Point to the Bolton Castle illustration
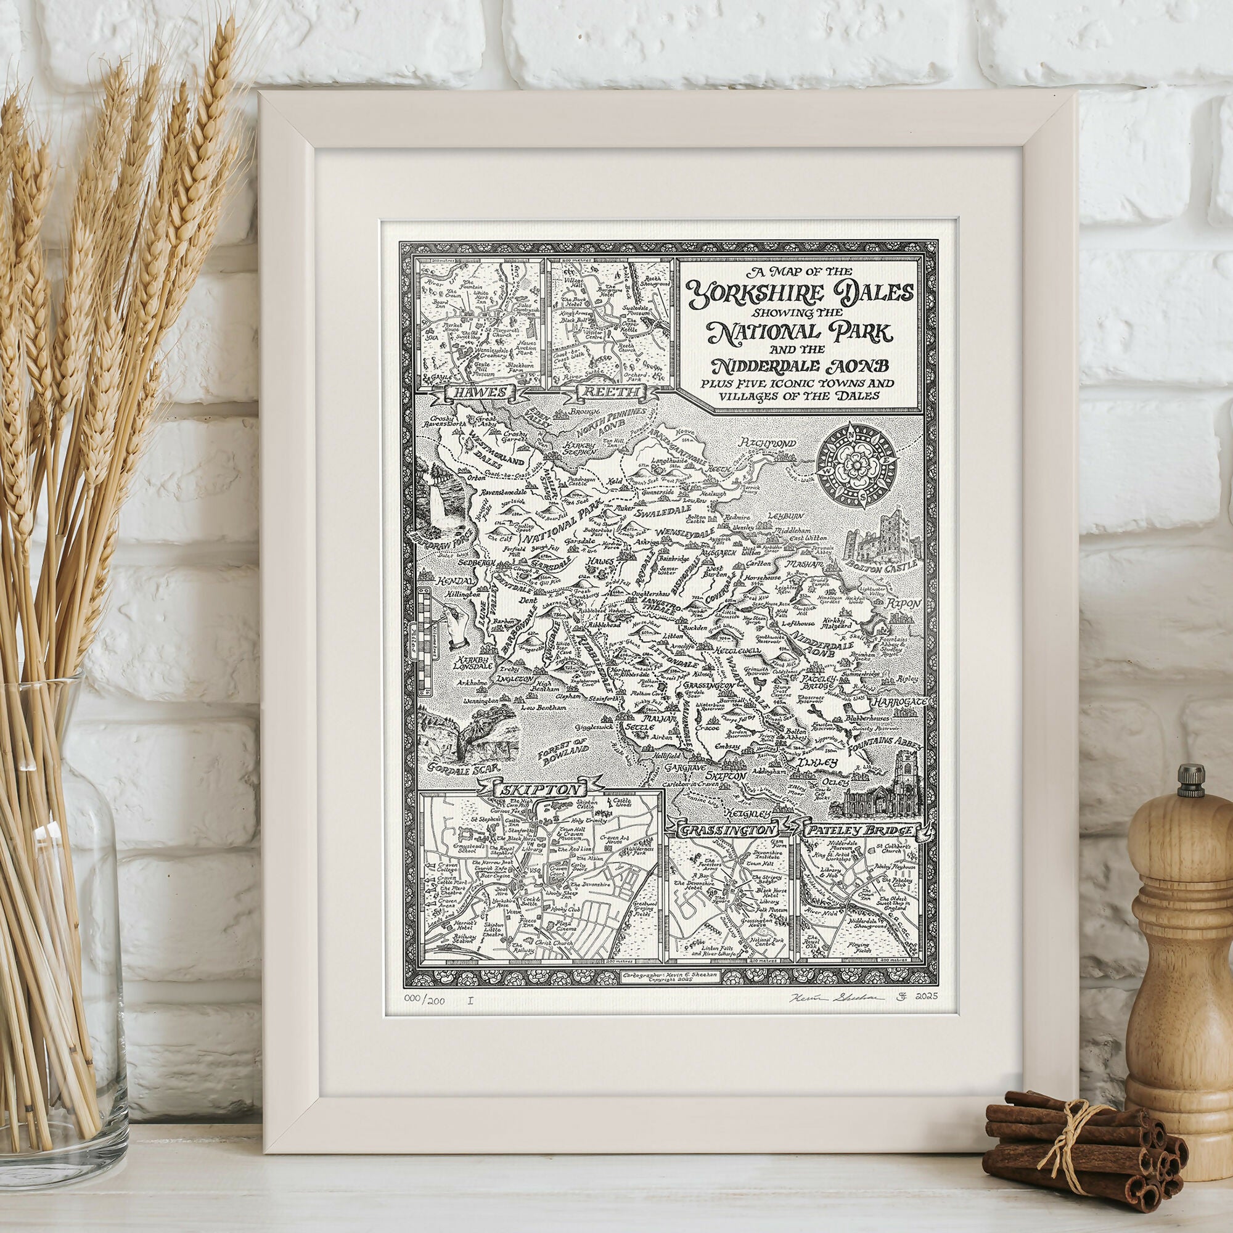pyautogui.click(x=879, y=542)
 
